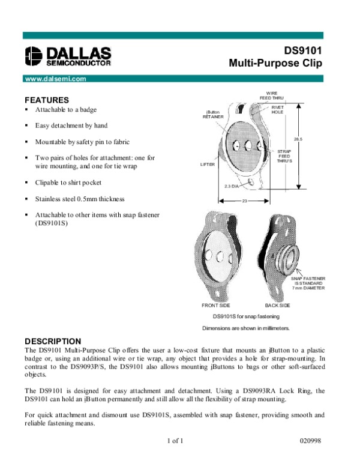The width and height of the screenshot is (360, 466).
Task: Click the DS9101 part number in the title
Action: coord(302,51)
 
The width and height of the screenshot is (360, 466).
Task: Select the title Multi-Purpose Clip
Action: coord(275,62)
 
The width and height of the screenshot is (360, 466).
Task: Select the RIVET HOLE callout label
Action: coord(278,109)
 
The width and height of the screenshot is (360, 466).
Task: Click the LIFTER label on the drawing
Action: coord(208,163)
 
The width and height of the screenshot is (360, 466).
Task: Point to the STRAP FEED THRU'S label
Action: coord(285,156)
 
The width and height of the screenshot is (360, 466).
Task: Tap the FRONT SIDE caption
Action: coord(215,306)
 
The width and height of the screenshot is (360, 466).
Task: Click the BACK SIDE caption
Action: coord(277,306)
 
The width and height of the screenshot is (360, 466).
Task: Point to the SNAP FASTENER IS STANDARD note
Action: coord(308,283)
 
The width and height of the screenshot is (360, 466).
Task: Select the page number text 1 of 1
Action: coord(175,441)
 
